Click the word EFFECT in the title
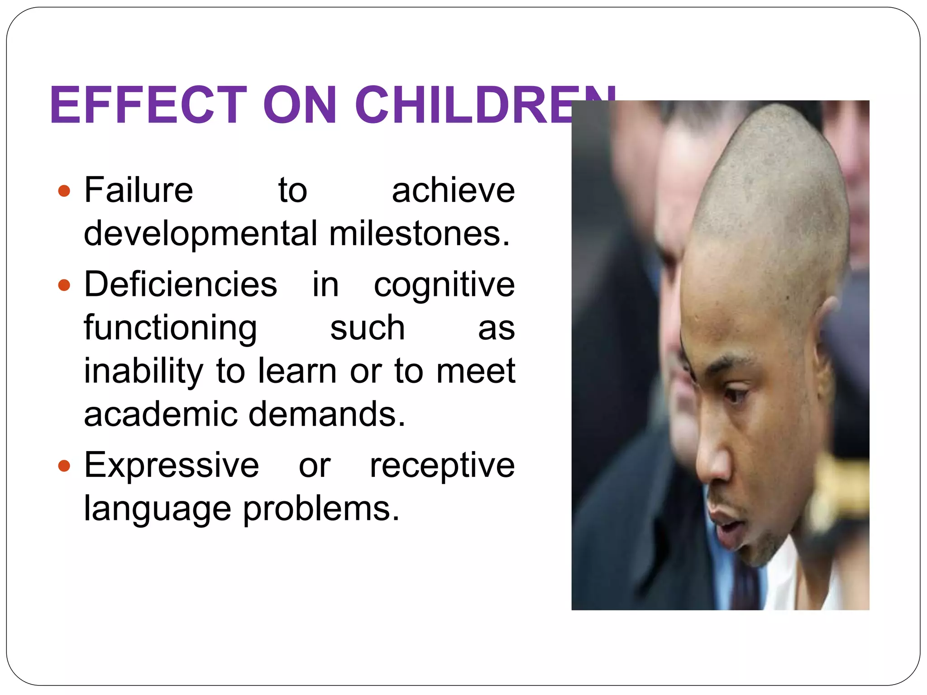coord(148,105)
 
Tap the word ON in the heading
coord(300,105)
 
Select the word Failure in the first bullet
coord(139,190)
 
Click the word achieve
coord(453,190)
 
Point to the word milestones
coord(419,233)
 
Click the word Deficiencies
coord(181,284)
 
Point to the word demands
coord(327,414)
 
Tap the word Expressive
coord(172,466)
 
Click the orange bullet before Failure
coord(64,190)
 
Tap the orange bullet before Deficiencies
coord(64,285)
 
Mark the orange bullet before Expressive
coord(64,466)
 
